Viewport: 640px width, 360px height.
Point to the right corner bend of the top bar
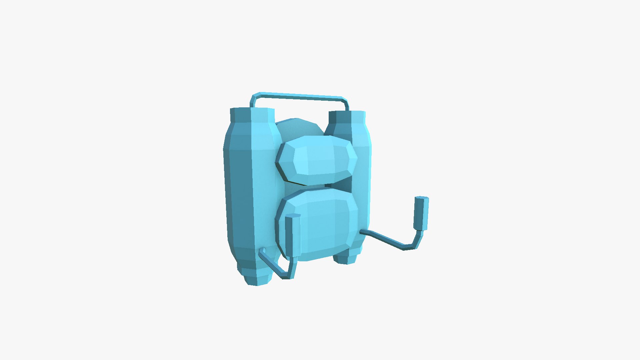pos(345,101)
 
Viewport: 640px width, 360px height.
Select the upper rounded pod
pos(317,157)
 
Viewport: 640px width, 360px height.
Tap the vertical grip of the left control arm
pos(292,237)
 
